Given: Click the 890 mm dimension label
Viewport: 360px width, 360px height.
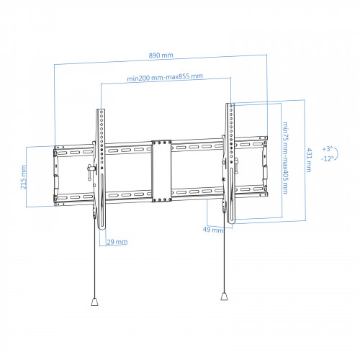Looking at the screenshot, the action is [x=161, y=55].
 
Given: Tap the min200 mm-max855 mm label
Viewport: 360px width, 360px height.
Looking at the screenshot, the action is [x=165, y=77].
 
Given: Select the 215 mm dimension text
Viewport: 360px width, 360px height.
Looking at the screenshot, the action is [x=24, y=177].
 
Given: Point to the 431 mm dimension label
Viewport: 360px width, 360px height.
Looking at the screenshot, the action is [x=309, y=160].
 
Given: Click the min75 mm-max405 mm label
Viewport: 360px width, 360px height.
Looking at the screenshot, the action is [x=285, y=158].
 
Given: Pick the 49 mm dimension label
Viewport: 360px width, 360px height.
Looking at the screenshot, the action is [x=213, y=230].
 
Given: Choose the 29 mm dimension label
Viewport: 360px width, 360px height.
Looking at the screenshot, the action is [x=117, y=242].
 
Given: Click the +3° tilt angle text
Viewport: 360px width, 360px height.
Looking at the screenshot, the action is [x=328, y=149].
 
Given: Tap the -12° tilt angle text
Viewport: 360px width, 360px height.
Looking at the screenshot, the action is [x=328, y=158].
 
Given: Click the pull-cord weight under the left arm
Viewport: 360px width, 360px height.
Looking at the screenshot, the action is [x=94, y=302].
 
